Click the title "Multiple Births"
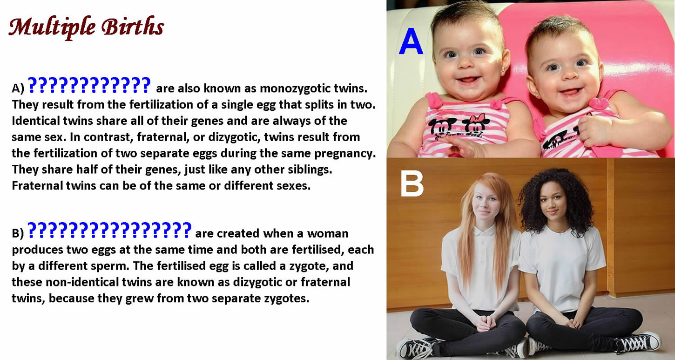point(86,27)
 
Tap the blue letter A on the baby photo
point(411,41)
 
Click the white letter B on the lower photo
point(412,183)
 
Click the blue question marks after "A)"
point(89,85)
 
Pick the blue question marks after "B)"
point(109,230)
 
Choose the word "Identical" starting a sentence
point(36,121)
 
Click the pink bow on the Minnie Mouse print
point(477,117)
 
